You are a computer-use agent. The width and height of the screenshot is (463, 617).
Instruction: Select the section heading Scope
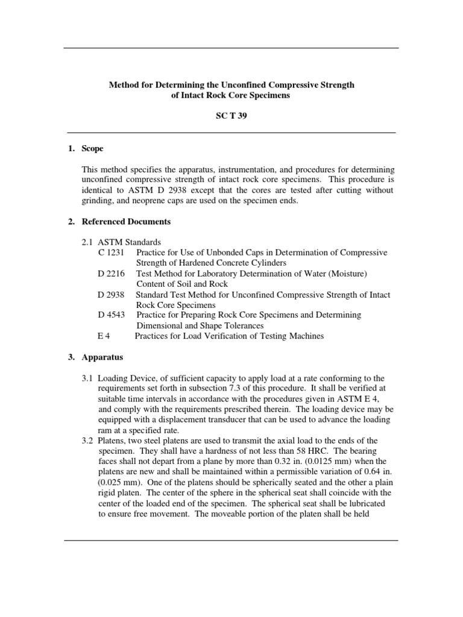tap(93, 148)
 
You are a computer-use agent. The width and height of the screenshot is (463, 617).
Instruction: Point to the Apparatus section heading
tap(103, 357)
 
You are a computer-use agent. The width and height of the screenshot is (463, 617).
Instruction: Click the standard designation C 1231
tap(110, 252)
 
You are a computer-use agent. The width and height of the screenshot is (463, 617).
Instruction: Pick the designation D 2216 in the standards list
tap(110, 274)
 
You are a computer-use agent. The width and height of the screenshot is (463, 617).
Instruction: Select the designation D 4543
tap(110, 315)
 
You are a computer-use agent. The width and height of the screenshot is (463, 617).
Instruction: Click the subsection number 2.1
tap(89, 242)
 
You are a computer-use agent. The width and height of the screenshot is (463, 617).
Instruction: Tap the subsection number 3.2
tap(89, 440)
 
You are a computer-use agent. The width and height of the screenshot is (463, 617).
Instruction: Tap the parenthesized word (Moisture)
tap(345, 274)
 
